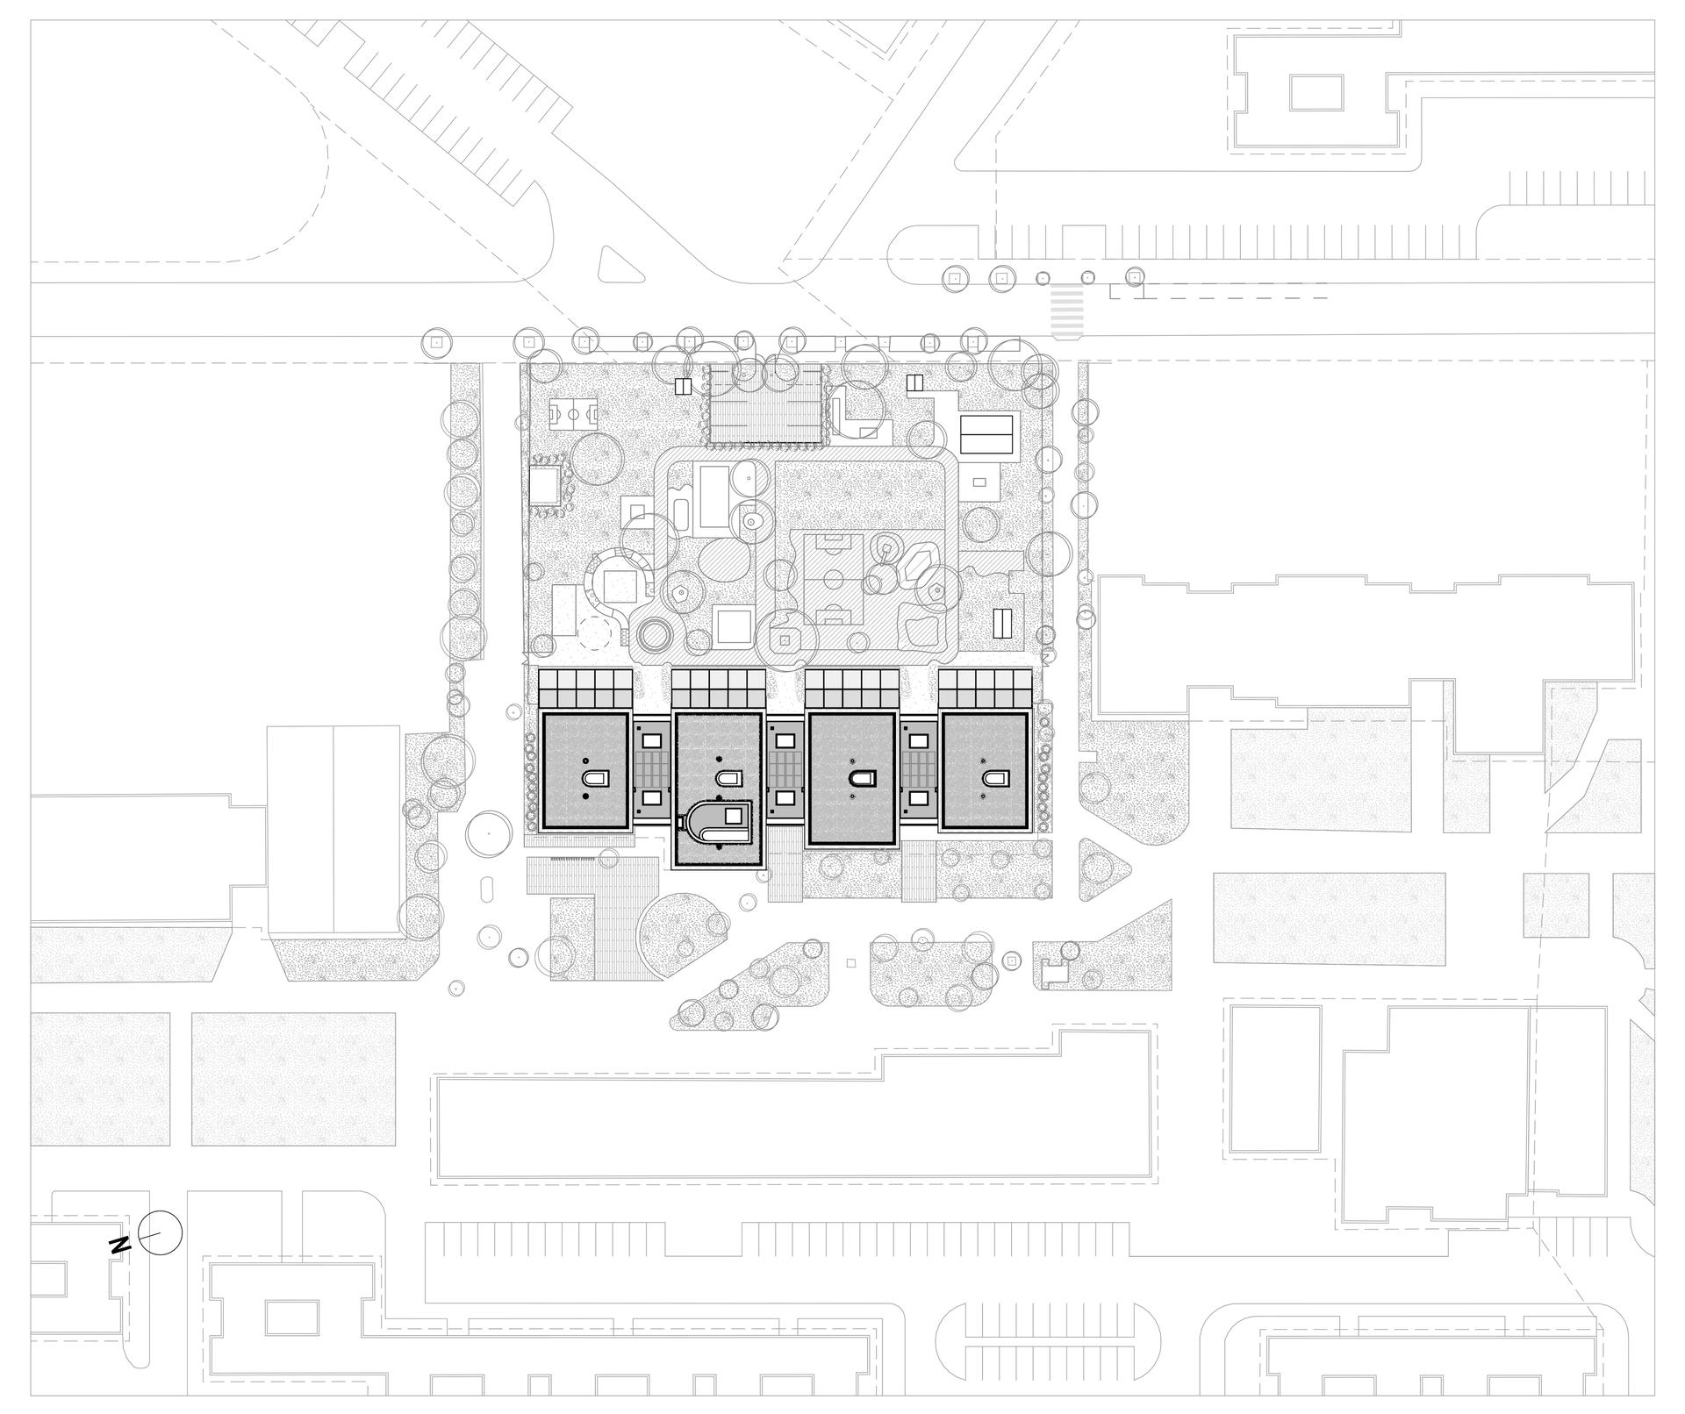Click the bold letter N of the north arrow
119,1245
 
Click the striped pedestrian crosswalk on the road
1067,312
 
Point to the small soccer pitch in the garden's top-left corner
575,411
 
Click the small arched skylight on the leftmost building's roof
594,778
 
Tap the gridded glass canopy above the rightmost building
986,688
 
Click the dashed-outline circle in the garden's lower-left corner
598,632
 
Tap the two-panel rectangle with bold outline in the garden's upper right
987,432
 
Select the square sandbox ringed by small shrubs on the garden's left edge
548,483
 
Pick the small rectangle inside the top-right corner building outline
1316,92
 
